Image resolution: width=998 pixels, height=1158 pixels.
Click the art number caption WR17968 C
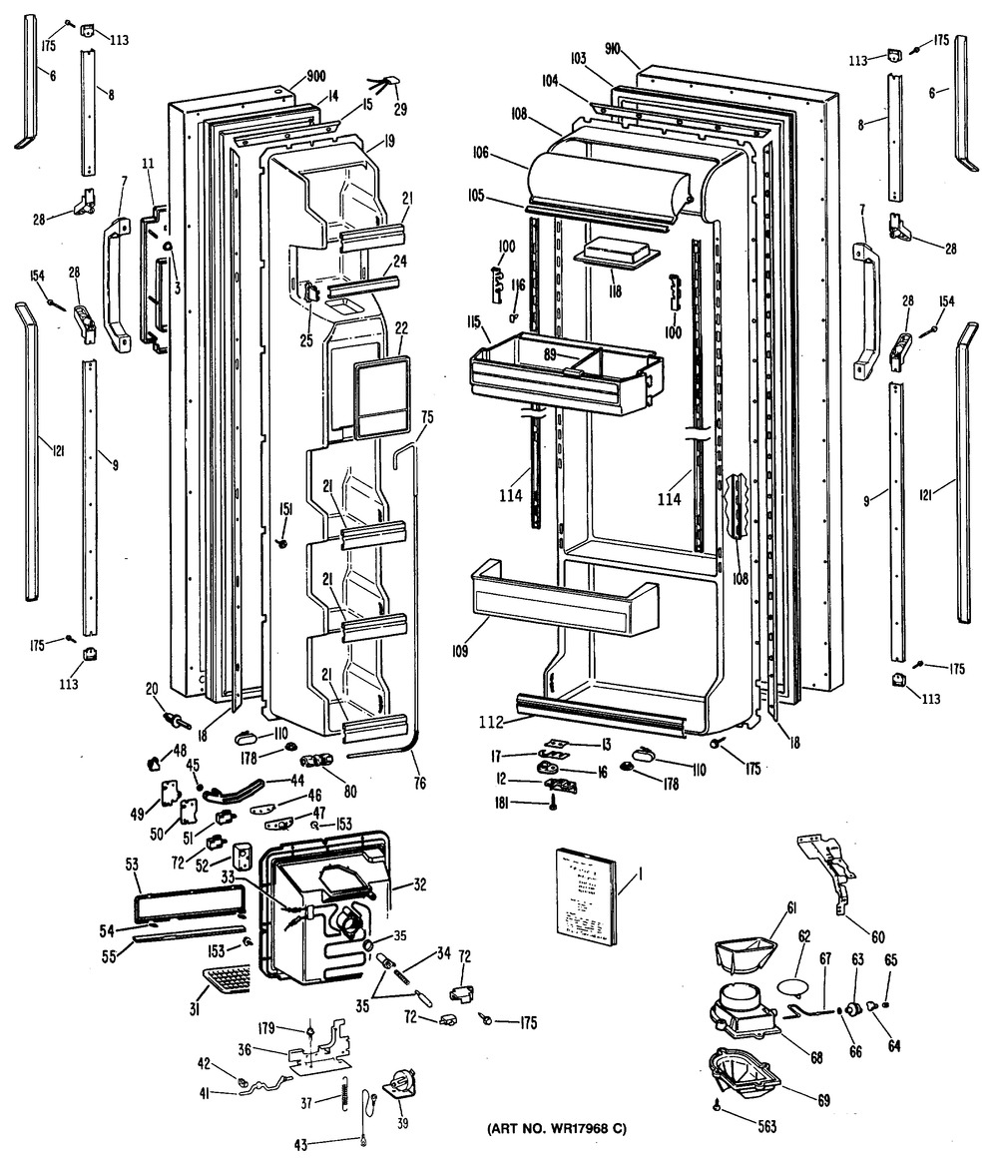556,1129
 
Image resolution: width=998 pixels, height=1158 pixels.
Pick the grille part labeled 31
227,981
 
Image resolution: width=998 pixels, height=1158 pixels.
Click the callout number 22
402,328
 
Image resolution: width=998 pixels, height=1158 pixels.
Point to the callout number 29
400,108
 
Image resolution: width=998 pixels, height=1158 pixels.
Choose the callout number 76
419,784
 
